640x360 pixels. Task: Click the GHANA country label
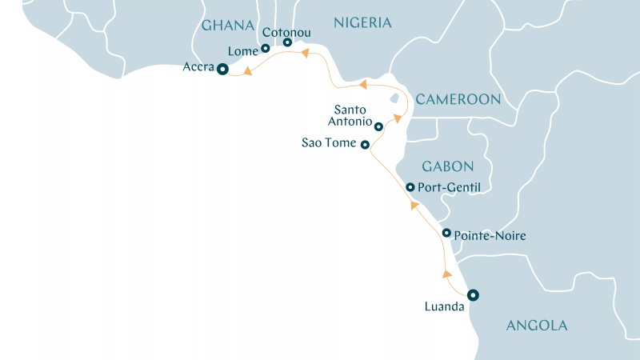[x=228, y=25]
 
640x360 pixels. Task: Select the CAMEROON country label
[x=458, y=99]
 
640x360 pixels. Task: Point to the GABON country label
[x=448, y=166]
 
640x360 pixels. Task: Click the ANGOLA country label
[x=537, y=326]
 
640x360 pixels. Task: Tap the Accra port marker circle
[x=222, y=70]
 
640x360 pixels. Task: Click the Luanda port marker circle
[x=473, y=294]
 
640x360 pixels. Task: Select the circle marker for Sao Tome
[x=365, y=145]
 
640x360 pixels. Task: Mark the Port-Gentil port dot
[x=410, y=187]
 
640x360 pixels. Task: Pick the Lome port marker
[x=266, y=49]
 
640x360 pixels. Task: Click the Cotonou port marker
[x=287, y=42]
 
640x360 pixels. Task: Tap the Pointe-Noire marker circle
[x=446, y=233]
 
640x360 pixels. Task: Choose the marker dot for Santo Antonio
[x=378, y=126]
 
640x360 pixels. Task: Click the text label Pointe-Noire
[x=490, y=236]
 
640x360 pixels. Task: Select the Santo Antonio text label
[x=353, y=116]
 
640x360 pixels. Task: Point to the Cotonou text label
[x=286, y=32]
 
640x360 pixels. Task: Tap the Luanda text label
[x=444, y=306]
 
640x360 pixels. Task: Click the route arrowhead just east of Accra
[x=248, y=72]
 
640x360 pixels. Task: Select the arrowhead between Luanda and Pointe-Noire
[x=446, y=274]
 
